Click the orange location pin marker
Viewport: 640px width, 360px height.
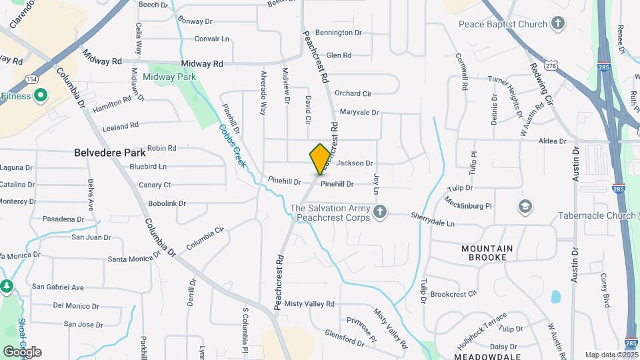320,159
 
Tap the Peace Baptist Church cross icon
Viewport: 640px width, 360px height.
557,24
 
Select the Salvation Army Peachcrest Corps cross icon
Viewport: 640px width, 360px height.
380,213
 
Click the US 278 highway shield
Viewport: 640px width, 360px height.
550,65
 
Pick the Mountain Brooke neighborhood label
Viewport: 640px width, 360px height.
487,253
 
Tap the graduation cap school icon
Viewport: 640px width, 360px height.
525,206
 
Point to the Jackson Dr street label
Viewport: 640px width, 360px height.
355,163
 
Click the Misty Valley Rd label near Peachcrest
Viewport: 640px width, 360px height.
309,304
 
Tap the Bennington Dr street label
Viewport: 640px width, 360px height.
338,32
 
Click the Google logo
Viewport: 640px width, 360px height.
22,351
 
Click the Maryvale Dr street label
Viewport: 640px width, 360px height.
359,113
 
